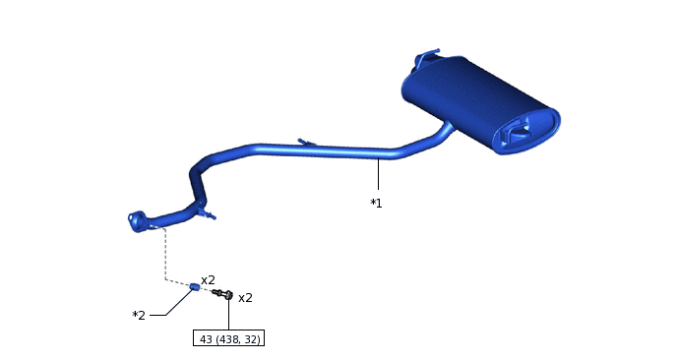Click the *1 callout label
376,203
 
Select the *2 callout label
139,315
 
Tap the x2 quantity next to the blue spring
208,280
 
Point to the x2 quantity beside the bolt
245,298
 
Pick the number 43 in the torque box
206,339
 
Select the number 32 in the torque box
251,339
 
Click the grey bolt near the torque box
222,294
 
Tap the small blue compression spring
195,286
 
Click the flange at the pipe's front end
137,221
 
